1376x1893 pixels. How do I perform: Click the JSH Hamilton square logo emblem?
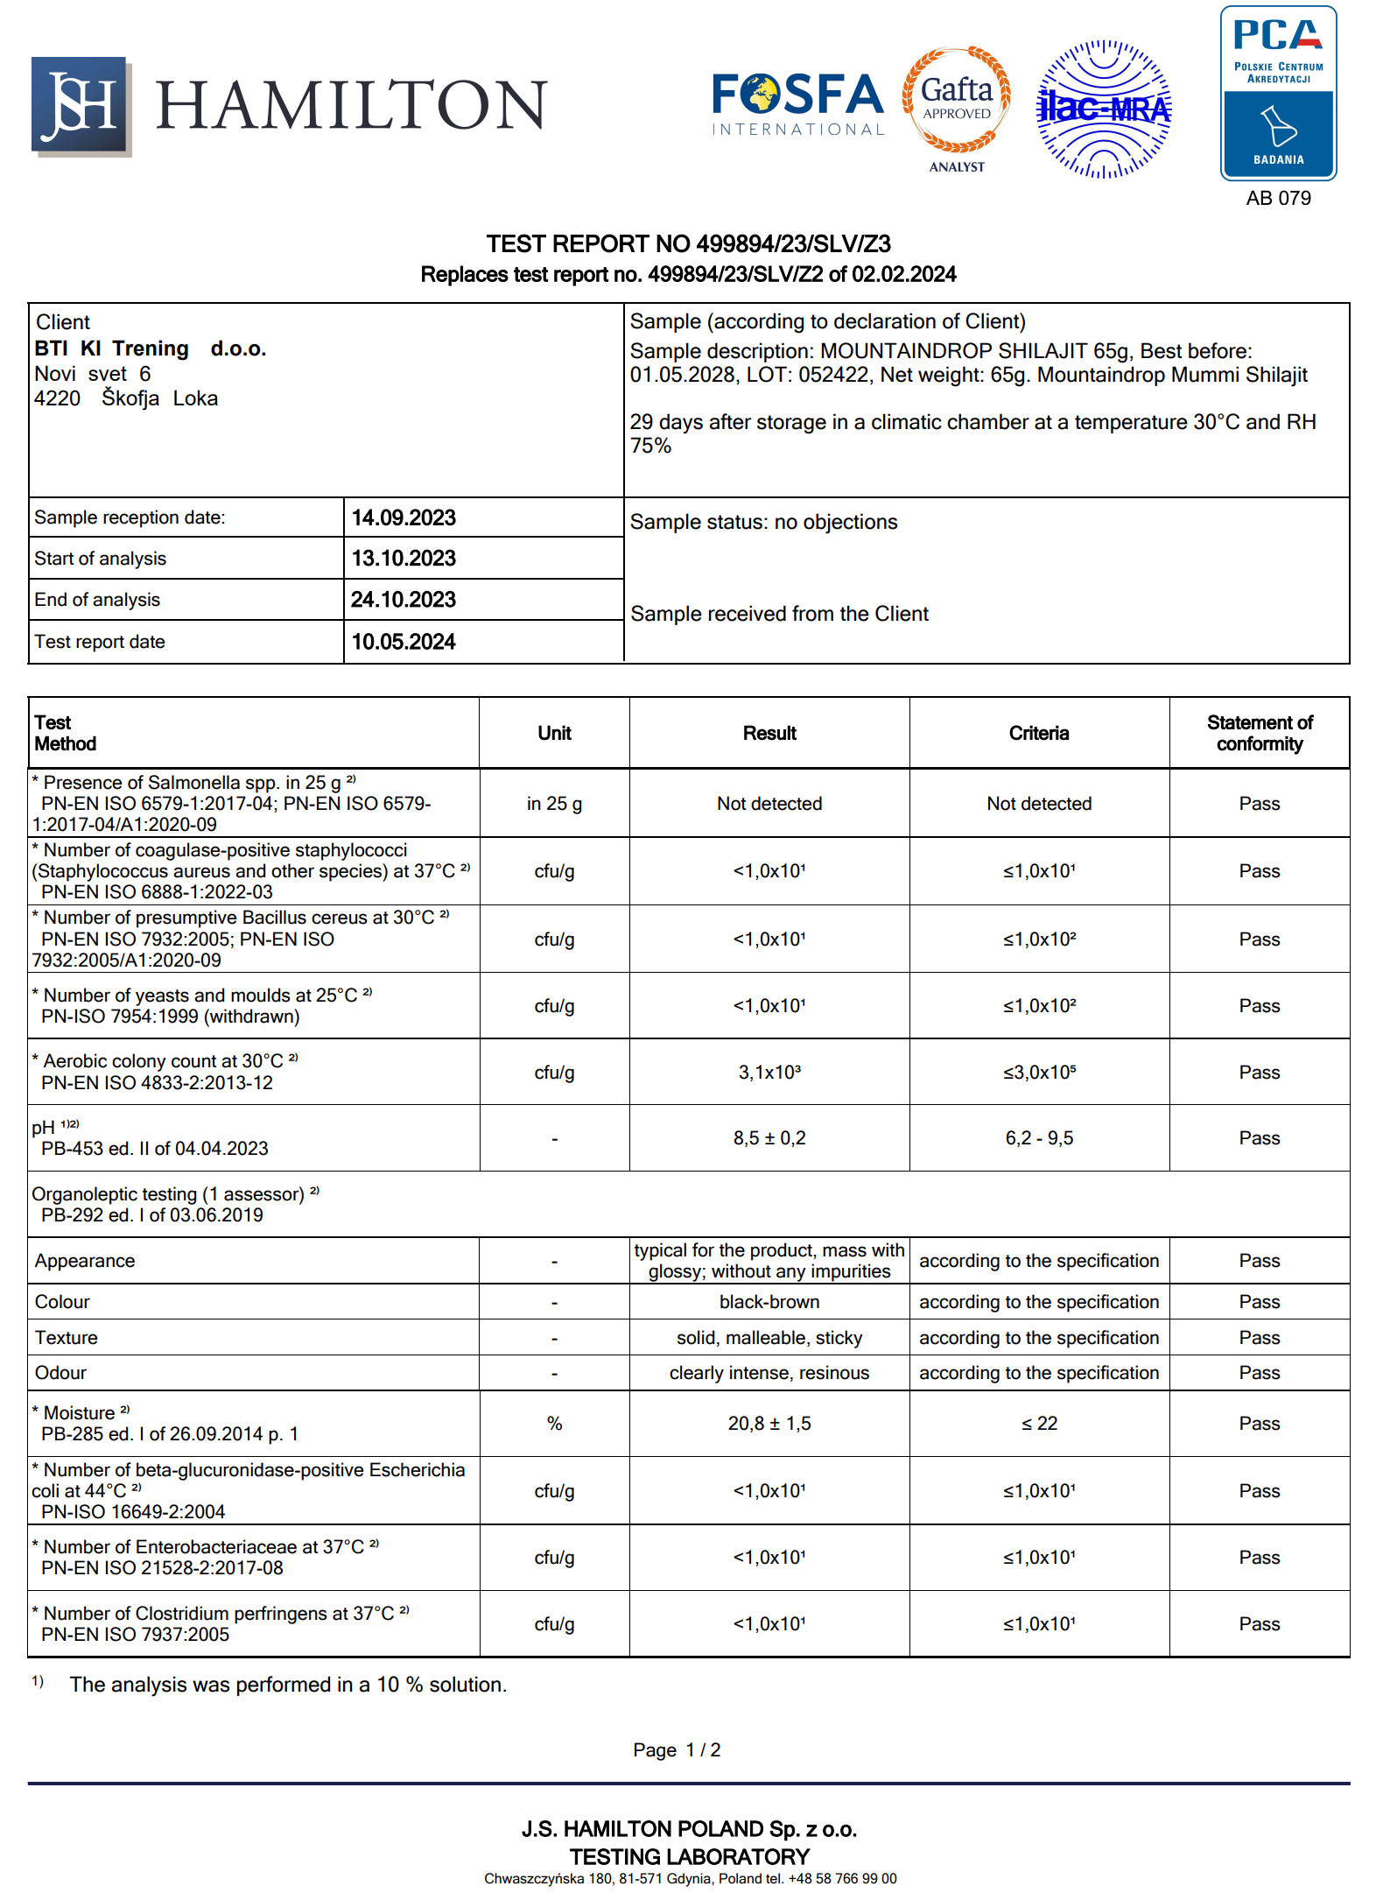(81, 105)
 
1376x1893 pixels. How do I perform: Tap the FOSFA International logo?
(797, 104)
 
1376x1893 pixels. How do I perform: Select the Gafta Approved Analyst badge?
(957, 109)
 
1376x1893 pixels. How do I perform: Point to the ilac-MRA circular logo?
(1104, 109)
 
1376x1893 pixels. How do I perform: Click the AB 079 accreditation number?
(1278, 198)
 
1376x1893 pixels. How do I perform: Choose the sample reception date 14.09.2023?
(404, 517)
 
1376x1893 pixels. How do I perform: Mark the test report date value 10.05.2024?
(404, 642)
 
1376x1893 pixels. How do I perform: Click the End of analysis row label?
(97, 600)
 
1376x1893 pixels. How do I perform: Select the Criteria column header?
(1038, 733)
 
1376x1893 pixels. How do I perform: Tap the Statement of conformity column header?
(1259, 733)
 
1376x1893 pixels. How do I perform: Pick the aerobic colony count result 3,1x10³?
(769, 1073)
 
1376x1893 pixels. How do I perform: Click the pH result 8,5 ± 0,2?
(769, 1138)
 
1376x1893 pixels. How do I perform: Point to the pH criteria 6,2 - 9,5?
(1039, 1138)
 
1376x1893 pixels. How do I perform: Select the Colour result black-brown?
(769, 1302)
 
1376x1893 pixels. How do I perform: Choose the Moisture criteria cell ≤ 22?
(1039, 1424)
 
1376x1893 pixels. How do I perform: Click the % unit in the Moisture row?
(554, 1424)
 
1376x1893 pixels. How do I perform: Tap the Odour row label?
(60, 1373)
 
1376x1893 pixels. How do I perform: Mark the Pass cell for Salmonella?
(1259, 804)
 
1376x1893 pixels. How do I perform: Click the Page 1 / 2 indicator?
(677, 1749)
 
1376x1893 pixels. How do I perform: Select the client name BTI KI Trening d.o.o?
(151, 348)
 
